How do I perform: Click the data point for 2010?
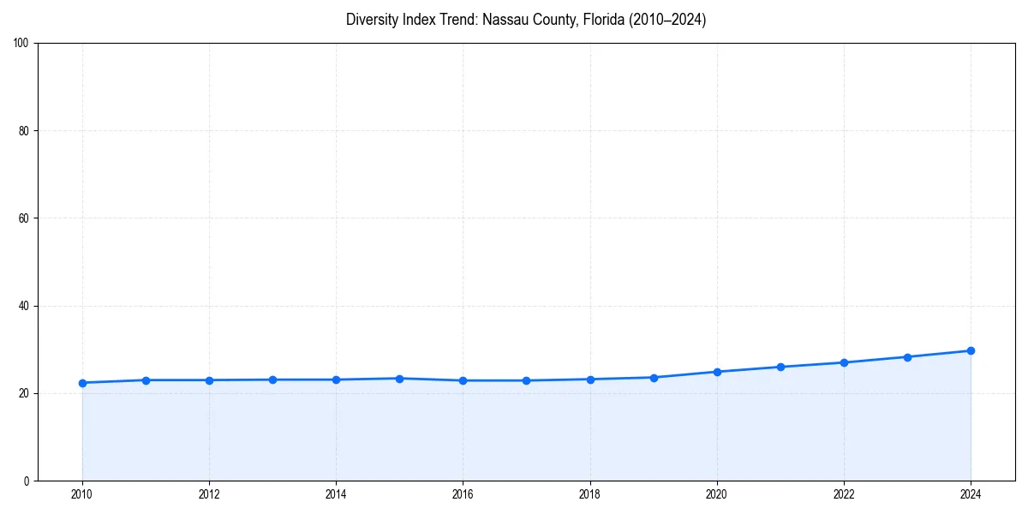coord(82,383)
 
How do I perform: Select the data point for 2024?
coord(971,350)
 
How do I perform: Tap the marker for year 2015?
coord(399,379)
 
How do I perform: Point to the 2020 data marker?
coord(717,372)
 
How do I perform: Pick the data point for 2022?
coord(844,362)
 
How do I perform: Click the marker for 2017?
coord(526,380)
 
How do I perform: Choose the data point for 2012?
coord(209,380)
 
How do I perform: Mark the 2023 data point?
coord(907,356)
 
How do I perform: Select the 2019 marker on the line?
coord(654,378)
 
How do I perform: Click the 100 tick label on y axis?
coord(21,43)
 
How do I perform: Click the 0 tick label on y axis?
coord(27,481)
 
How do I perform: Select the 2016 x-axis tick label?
coord(463,494)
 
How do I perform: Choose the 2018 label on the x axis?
coord(589,494)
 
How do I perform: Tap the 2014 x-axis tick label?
coord(336,494)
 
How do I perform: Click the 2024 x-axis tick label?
coord(971,494)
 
